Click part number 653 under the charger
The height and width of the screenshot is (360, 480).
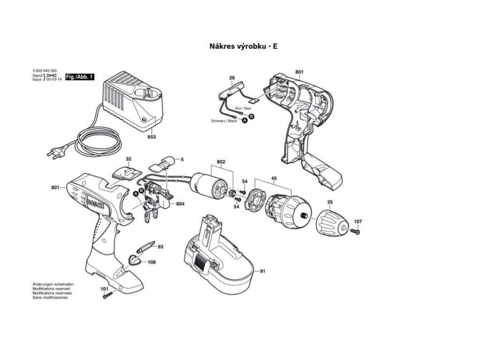(x=151, y=137)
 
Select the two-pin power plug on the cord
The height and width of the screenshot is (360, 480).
(x=55, y=152)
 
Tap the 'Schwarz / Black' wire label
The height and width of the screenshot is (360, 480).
(x=224, y=121)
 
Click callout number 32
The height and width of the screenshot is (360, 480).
(x=128, y=159)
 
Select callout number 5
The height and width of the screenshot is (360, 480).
(x=182, y=159)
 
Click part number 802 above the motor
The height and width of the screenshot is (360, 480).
(x=221, y=162)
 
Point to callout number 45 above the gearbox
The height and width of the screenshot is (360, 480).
(x=274, y=178)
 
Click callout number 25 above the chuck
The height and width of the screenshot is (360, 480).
(x=330, y=202)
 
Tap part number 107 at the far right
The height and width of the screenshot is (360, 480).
(x=358, y=221)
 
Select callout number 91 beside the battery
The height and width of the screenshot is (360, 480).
(x=262, y=271)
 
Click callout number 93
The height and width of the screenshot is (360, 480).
(x=160, y=247)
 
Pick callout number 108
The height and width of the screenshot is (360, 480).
(x=151, y=262)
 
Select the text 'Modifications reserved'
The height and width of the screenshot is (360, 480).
(x=50, y=289)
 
